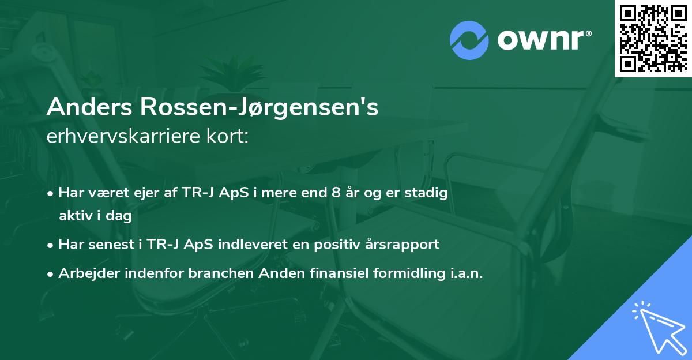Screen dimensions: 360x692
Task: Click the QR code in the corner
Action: pos(653,38)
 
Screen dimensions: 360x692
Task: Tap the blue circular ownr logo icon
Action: pos(469,40)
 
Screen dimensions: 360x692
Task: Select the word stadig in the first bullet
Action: pos(428,193)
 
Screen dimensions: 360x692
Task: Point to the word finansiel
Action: pos(319,273)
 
